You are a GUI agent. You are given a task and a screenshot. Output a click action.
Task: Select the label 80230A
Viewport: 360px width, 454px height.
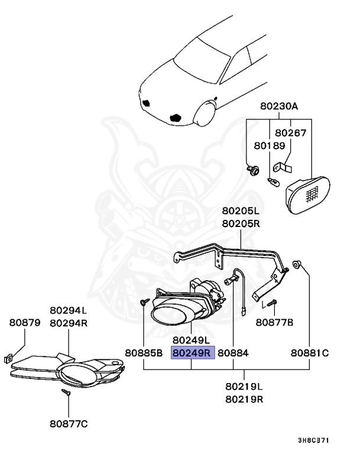(279, 107)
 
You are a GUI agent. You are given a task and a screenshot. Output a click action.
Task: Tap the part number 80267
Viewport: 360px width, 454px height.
(291, 133)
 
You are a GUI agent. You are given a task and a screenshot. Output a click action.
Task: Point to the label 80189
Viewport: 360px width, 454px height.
(270, 145)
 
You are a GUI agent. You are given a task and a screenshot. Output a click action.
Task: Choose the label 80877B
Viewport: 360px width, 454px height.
(274, 322)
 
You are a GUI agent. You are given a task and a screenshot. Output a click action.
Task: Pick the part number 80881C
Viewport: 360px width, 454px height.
(309, 353)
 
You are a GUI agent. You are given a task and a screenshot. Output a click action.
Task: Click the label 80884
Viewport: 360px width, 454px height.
(233, 353)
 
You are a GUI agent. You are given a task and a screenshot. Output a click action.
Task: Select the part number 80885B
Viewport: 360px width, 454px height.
(144, 353)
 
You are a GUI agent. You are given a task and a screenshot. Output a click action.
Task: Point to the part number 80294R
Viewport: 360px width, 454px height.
(69, 323)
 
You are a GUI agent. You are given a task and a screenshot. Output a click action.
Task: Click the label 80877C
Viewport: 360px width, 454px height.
(69, 423)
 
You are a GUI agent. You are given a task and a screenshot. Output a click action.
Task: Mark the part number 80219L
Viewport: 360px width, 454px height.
(244, 387)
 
